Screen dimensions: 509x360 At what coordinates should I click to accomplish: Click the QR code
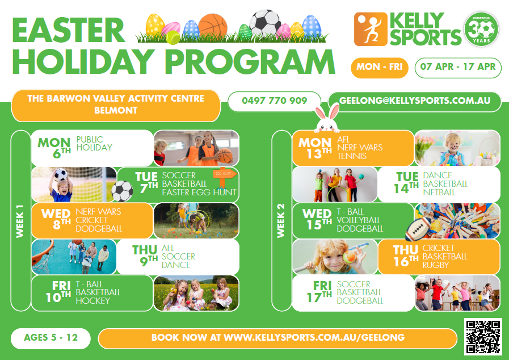[483, 337]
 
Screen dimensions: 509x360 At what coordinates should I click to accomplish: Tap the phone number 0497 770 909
[274, 101]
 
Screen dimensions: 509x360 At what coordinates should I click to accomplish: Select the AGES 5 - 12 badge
[51, 338]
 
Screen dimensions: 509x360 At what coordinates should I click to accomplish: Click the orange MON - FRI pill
[379, 67]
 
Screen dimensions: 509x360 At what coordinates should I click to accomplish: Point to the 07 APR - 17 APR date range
[458, 67]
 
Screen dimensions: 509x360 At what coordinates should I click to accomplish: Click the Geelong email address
[415, 101]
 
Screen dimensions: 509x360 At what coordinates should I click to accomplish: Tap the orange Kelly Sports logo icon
[371, 29]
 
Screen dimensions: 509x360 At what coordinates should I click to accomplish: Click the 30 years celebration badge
[481, 29]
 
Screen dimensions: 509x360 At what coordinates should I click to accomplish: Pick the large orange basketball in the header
[213, 26]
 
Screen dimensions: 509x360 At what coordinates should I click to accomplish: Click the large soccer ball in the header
[265, 23]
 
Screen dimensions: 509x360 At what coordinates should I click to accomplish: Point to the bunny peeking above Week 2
[327, 119]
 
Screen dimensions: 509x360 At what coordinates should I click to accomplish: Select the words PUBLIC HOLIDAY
[94, 143]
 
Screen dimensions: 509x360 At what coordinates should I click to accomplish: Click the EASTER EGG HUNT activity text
[199, 192]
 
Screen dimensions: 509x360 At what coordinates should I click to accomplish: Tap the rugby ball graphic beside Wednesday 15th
[418, 229]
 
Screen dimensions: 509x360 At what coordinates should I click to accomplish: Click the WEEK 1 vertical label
[20, 221]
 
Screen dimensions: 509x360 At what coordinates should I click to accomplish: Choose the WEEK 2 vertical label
[281, 221]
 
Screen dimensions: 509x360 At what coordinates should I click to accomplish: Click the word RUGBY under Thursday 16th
[435, 265]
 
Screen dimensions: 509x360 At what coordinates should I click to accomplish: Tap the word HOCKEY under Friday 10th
[93, 301]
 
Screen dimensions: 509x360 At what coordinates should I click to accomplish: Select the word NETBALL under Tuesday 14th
[439, 192]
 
